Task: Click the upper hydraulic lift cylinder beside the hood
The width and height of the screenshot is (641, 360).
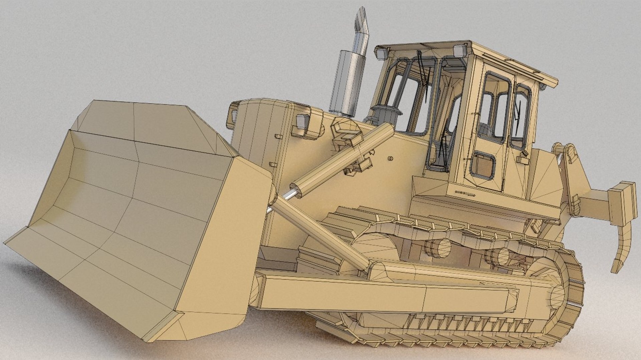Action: pos(344,157)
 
